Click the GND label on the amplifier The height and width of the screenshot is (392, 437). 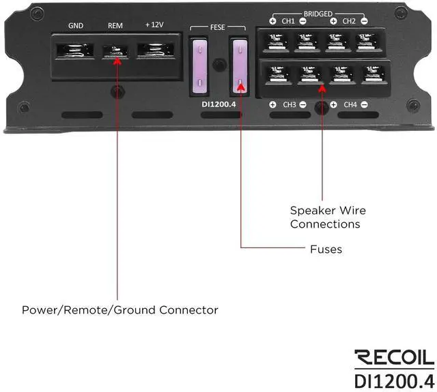(76, 27)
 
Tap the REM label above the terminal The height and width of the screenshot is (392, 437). (115, 27)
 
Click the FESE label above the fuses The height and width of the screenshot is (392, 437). (217, 29)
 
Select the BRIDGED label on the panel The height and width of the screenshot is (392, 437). (319, 14)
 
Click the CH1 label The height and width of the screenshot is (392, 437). (289, 22)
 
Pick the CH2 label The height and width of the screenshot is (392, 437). (349, 22)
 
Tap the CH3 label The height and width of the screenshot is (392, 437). (289, 105)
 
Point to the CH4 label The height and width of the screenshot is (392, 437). (350, 105)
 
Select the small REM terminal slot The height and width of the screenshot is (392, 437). (116, 51)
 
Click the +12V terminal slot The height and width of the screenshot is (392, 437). (156, 50)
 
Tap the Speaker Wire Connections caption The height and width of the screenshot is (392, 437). (325, 217)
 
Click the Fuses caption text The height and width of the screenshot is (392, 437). (326, 250)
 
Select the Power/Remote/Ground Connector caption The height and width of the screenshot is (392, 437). (120, 310)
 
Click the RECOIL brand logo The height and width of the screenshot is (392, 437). (394, 357)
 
